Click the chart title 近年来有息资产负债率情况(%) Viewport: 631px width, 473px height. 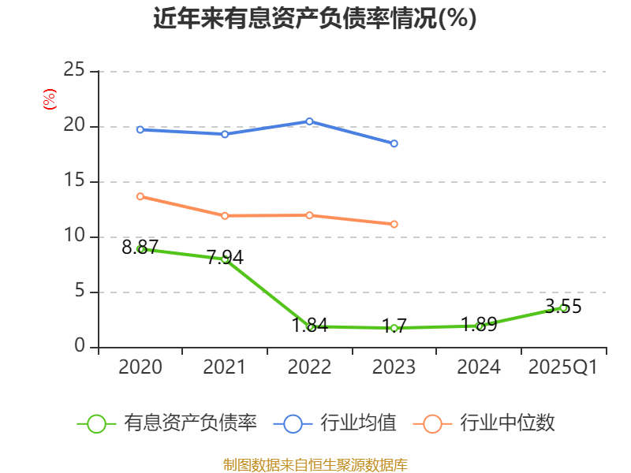[315, 19]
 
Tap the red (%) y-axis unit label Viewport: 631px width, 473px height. [49, 100]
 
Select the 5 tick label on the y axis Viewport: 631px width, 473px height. [79, 292]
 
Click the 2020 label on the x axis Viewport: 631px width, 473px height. [140, 367]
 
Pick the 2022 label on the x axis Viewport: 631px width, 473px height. [309, 367]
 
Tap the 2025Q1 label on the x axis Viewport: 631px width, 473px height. [562, 367]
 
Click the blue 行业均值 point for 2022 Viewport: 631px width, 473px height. [309, 121]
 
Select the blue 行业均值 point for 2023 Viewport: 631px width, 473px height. [394, 143]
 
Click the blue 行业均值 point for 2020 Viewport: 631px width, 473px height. [140, 129]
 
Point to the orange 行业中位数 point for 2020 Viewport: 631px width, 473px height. [140, 196]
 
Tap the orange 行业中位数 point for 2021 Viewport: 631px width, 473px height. [225, 215]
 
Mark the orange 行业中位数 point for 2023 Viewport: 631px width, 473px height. [394, 224]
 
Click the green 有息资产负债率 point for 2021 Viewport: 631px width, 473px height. [225, 259]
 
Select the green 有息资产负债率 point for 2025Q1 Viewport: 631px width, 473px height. [563, 307]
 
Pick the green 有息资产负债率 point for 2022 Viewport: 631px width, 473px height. [310, 326]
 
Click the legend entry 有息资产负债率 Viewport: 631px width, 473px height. [168, 423]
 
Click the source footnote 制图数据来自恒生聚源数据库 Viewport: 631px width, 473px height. [315, 464]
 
